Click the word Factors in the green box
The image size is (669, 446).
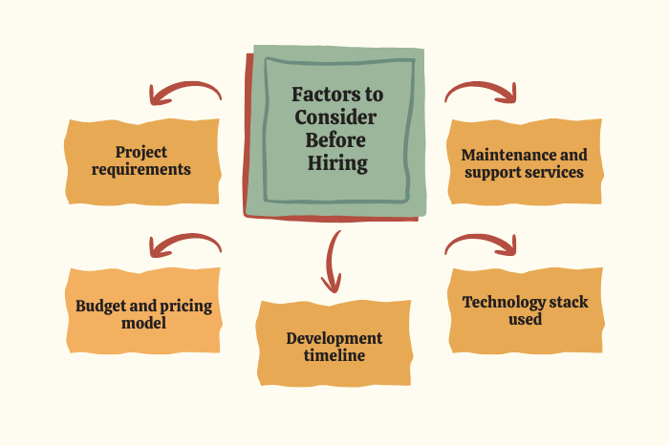(320, 95)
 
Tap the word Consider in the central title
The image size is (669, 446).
(335, 117)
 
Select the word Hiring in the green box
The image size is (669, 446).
(337, 163)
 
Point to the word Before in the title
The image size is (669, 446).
(335, 140)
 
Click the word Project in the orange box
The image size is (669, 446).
(141, 152)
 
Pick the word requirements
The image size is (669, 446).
(141, 169)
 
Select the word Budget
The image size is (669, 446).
(100, 307)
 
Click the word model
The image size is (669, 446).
(143, 323)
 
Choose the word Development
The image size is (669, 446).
(334, 338)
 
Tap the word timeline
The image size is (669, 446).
(334, 355)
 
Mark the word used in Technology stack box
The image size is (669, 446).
(526, 319)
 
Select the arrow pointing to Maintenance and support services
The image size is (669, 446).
(480, 85)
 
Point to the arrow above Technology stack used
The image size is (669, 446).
(480, 237)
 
